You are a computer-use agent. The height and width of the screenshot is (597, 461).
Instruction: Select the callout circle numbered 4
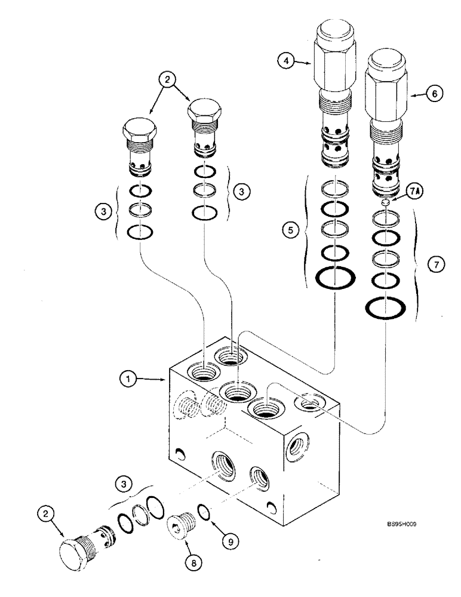(287, 60)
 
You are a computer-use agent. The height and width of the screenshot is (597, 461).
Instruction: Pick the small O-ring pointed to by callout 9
(204, 510)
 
